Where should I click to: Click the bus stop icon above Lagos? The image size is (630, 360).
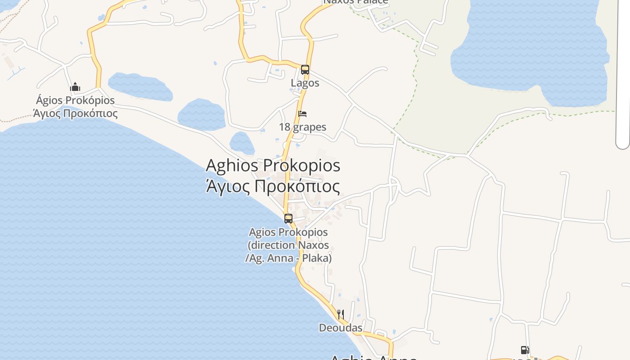pos(305,70)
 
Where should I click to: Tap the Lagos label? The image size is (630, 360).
pos(305,83)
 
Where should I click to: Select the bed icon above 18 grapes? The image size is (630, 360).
pos(302,114)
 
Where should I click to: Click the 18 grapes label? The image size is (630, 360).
pos(302,127)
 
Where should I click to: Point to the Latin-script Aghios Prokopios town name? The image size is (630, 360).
pos(273,165)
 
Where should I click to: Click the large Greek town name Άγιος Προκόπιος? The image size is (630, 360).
pos(273,186)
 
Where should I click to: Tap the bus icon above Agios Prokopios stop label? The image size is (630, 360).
pos(288,219)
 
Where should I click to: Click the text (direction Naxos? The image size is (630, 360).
pos(288,245)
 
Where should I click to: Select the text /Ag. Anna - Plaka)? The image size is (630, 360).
pos(288,258)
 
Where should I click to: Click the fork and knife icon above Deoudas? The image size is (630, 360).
pos(341,314)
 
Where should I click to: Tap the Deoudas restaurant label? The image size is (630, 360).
pos(341,328)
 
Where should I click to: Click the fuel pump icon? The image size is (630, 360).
pos(525,350)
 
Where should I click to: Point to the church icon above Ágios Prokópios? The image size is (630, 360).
pos(75,87)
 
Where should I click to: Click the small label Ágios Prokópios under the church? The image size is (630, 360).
pos(75,100)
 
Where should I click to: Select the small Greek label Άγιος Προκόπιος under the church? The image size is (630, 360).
pos(75,113)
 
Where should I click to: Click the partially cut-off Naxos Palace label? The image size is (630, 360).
pos(355,2)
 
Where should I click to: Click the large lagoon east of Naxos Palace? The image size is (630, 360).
pos(531,45)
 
